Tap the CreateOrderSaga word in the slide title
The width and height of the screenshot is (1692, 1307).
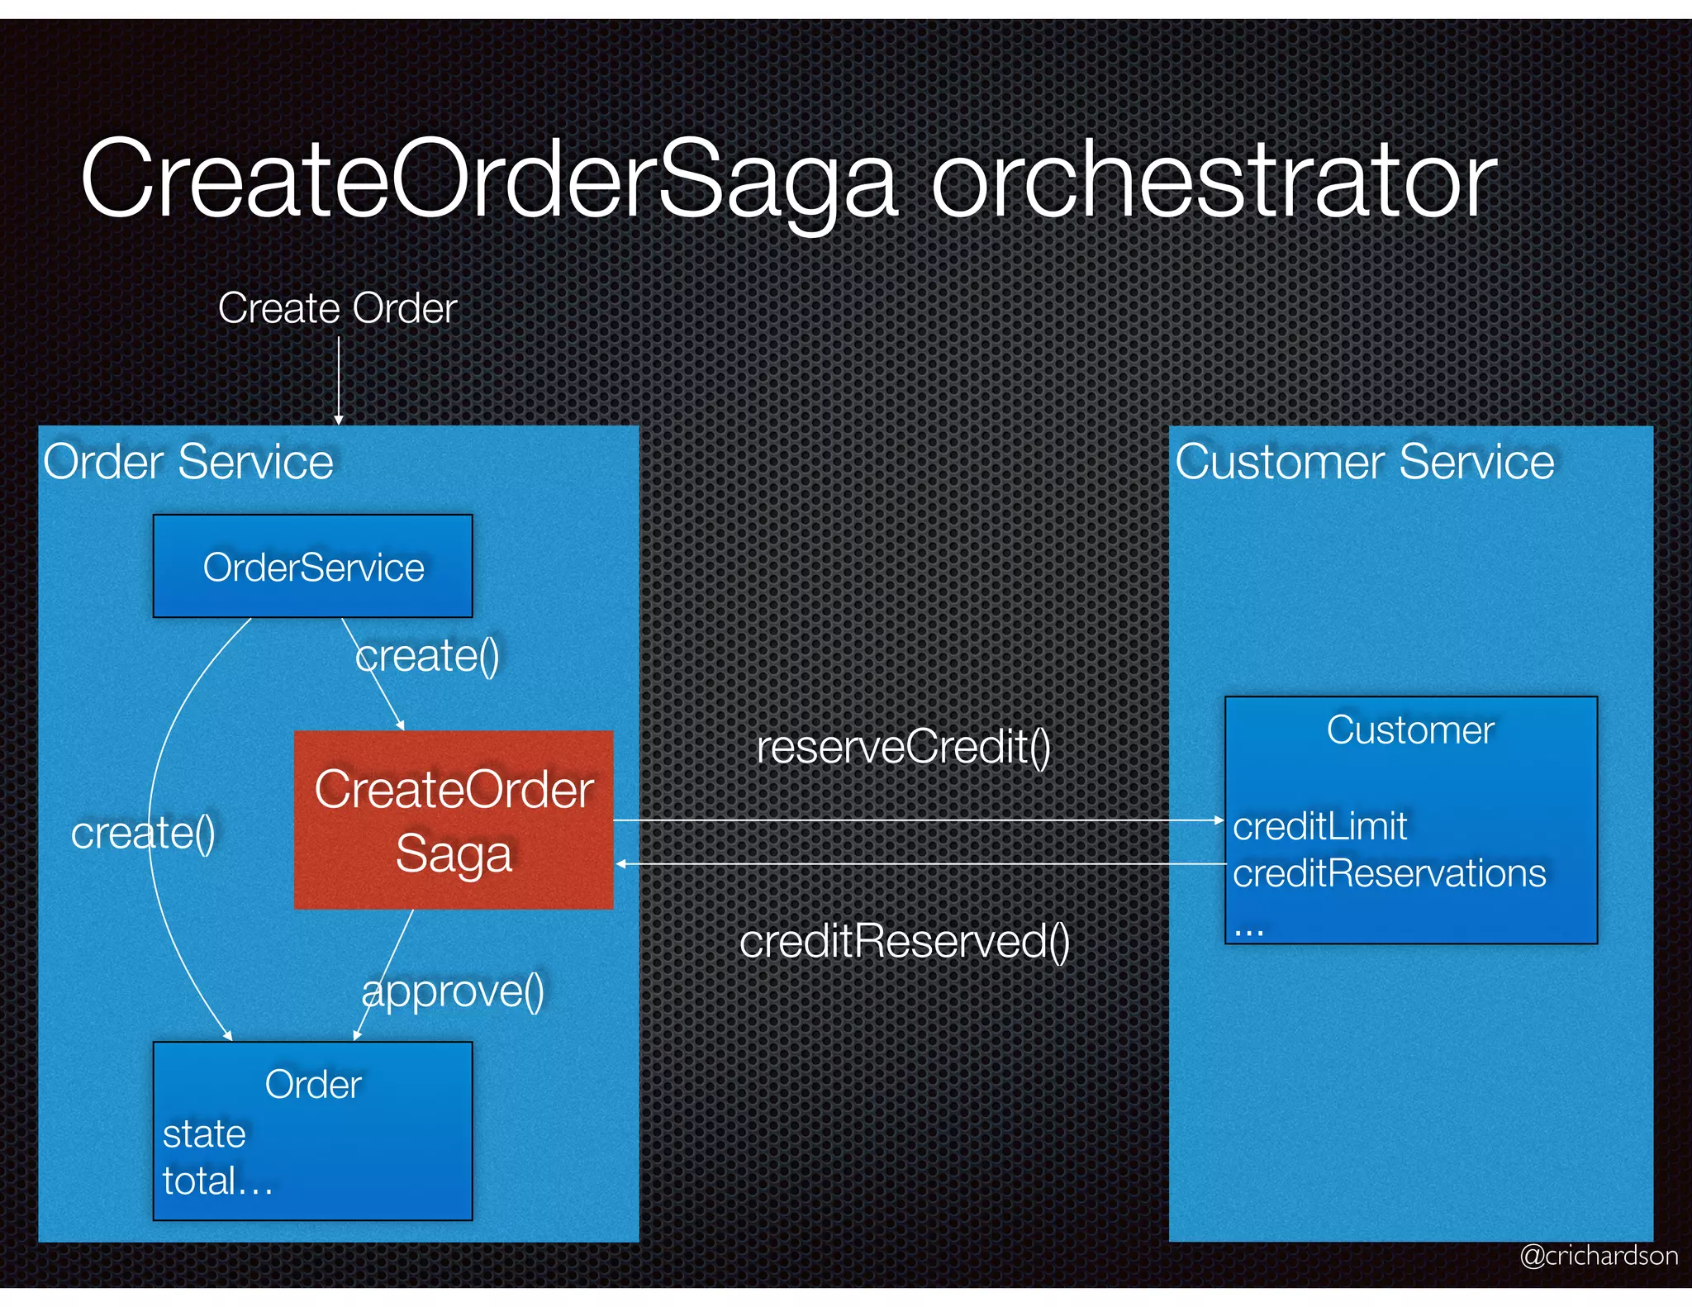click(487, 180)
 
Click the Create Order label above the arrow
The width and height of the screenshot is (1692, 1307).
click(337, 308)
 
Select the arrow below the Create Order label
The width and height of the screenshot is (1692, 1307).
click(338, 380)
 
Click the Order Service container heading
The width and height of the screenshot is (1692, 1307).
click(188, 461)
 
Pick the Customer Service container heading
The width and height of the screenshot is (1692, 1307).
click(1364, 461)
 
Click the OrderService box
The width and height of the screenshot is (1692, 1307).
click(313, 567)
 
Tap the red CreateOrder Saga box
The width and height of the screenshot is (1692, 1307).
click(454, 820)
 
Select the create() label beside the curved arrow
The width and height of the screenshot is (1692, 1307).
click(143, 832)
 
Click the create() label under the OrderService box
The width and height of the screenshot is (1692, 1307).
click(427, 656)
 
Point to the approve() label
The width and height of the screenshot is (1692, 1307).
click(453, 991)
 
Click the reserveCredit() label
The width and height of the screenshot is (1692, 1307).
click(903, 747)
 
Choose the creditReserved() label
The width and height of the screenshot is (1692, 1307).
click(904, 941)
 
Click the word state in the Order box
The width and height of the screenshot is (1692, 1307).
click(204, 1134)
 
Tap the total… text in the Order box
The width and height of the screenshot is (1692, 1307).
click(217, 1181)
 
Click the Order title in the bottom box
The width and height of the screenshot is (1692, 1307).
click(313, 1085)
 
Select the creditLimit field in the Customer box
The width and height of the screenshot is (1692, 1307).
click(1319, 826)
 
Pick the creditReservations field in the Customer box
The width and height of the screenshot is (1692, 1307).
click(1389, 873)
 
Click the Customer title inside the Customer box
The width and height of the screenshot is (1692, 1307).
click(1410, 730)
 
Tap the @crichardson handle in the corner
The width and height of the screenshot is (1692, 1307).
click(1599, 1256)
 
